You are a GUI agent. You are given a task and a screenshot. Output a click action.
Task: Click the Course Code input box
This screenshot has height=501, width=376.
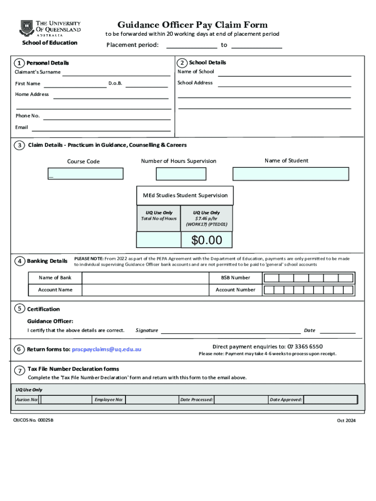[85, 174]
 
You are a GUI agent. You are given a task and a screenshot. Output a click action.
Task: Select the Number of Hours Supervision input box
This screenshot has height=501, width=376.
[181, 174]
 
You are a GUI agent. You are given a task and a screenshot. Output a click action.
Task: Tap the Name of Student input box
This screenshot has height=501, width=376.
[291, 174]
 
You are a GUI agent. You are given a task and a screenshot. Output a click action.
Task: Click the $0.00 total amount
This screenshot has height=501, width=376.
[207, 240]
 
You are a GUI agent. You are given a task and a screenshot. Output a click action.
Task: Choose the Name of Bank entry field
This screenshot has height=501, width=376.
[145, 278]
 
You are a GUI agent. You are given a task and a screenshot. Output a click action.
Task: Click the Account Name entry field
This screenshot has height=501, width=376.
[145, 290]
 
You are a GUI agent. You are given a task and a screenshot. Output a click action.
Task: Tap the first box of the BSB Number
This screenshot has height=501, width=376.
[272, 278]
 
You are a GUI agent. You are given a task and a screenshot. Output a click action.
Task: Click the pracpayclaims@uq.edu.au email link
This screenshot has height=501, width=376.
[106, 349]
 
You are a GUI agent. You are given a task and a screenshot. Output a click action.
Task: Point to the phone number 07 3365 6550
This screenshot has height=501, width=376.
[305, 346]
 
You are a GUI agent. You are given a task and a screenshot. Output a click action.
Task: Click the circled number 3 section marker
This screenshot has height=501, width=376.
[20, 145]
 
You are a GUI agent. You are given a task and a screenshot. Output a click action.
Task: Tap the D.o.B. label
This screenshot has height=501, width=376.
[115, 84]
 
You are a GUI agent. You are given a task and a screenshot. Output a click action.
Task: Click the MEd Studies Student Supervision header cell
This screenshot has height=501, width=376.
[185, 195]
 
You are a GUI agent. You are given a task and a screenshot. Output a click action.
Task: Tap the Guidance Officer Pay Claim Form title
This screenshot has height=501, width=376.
[192, 25]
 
